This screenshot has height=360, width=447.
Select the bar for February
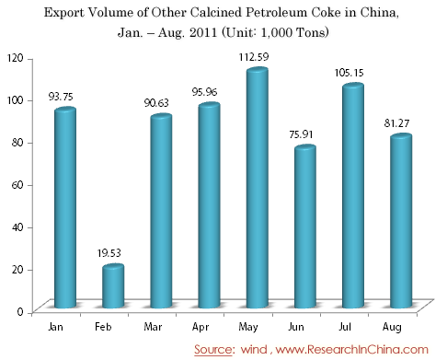tap(113, 285)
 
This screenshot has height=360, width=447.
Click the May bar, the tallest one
tap(258, 188)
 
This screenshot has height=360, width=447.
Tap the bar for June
tap(305, 226)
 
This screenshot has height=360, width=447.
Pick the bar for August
tap(401, 221)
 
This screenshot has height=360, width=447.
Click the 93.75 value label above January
tap(61, 97)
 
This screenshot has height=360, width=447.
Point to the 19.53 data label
tap(109, 253)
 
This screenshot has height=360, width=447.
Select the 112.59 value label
tap(254, 57)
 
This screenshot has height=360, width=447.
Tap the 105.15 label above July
tap(349, 73)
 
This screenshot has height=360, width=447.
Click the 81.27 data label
tap(396, 123)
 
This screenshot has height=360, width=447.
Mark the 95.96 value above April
tap(204, 92)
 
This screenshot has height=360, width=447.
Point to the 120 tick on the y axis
tap(16, 58)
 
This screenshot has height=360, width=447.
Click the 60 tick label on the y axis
tap(17, 185)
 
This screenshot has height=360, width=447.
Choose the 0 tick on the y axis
tap(20, 312)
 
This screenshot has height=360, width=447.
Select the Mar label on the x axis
tap(153, 327)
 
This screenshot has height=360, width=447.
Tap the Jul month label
tap(345, 327)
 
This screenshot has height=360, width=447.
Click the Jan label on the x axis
tap(56, 327)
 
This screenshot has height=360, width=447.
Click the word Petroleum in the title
tap(276, 13)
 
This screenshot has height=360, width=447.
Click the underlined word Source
tap(213, 350)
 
